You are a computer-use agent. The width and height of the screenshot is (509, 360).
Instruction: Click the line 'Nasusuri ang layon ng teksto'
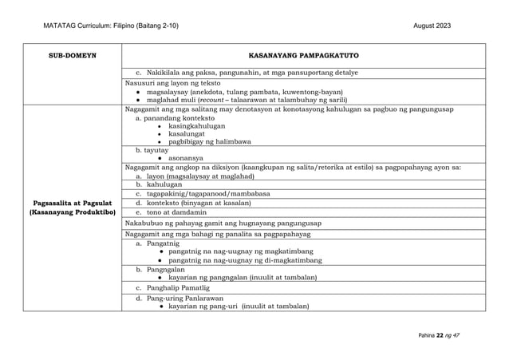(175, 82)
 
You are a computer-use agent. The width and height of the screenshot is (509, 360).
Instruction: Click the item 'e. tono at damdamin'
(173, 212)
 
